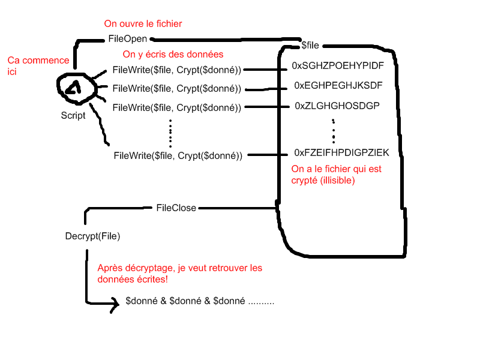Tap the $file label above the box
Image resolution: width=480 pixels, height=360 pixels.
click(x=314, y=44)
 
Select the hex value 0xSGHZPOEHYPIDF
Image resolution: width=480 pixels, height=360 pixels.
click(x=337, y=65)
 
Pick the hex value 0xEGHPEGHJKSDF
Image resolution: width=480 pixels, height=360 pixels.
click(x=338, y=85)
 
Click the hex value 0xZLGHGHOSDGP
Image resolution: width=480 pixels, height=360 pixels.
click(x=337, y=106)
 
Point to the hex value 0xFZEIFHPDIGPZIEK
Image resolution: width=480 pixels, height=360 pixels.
click(x=341, y=153)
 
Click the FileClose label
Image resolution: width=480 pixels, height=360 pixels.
click(x=176, y=208)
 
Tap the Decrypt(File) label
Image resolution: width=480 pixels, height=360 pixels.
click(x=92, y=236)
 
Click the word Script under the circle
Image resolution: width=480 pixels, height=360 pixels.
click(x=73, y=116)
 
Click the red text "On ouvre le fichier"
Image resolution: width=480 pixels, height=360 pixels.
click(x=143, y=24)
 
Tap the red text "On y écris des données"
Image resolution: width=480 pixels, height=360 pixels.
click(x=173, y=55)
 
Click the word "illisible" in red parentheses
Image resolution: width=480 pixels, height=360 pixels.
click(x=337, y=179)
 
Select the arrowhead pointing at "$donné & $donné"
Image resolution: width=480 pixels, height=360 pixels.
click(x=113, y=306)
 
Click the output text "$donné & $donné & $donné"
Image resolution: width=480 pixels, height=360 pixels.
click(x=186, y=301)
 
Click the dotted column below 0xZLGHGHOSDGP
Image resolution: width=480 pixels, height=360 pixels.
click(x=333, y=128)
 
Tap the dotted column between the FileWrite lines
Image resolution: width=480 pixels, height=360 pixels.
click(x=170, y=133)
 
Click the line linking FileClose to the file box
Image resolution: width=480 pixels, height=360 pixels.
click(x=237, y=208)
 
